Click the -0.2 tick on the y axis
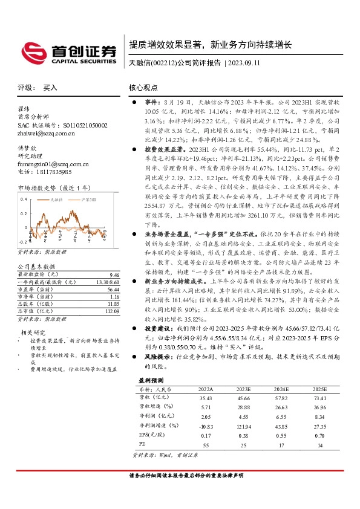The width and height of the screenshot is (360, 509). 24,241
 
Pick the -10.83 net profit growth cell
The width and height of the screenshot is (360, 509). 206,427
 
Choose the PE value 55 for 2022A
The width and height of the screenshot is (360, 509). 206,445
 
